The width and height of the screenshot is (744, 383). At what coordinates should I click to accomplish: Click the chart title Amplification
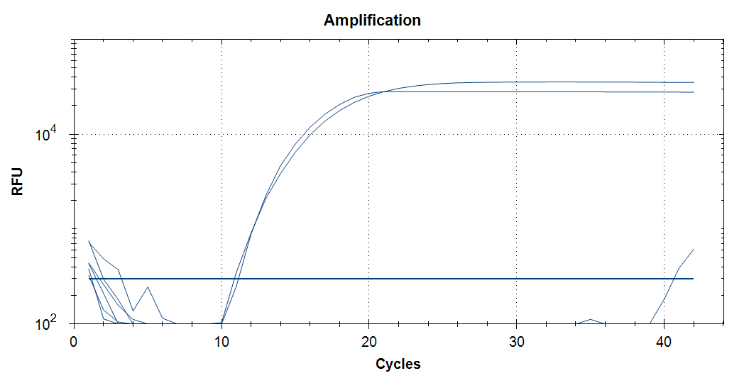click(x=372, y=20)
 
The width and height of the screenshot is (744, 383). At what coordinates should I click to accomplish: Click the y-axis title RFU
click(x=17, y=181)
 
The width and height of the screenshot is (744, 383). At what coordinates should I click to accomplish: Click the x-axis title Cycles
click(x=398, y=364)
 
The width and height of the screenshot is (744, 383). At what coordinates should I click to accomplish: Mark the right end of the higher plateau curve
click(x=694, y=82)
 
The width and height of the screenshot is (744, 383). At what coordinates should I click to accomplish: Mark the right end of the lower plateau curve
click(x=694, y=92)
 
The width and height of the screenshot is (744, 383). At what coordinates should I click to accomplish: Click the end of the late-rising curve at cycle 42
click(x=694, y=249)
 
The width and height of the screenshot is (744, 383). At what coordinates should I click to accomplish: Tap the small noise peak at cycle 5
click(x=148, y=287)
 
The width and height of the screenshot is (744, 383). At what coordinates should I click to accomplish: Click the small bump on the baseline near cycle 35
click(x=590, y=319)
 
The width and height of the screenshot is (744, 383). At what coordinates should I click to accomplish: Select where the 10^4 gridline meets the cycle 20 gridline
click(x=369, y=134)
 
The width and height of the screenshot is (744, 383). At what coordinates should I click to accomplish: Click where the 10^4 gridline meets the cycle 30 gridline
click(x=517, y=134)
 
